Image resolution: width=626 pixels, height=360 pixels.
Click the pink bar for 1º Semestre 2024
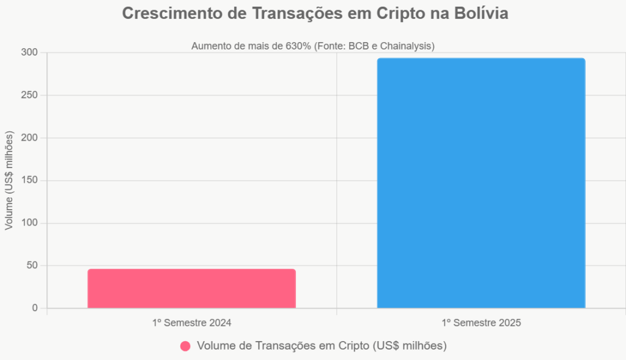pos(191,288)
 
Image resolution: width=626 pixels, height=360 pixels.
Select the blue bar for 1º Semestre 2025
pos(481,183)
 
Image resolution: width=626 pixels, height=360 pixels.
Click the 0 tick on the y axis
pos(35,308)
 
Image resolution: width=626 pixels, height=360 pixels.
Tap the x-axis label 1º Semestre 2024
pos(191,322)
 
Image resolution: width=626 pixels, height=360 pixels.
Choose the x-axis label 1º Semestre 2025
pos(481,322)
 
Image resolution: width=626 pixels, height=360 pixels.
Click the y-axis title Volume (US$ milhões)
pos(9,180)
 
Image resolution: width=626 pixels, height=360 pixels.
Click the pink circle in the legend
pos(185,346)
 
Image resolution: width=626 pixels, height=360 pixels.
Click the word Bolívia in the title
pos(478,14)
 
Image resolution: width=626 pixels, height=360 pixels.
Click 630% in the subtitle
pos(298,46)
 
